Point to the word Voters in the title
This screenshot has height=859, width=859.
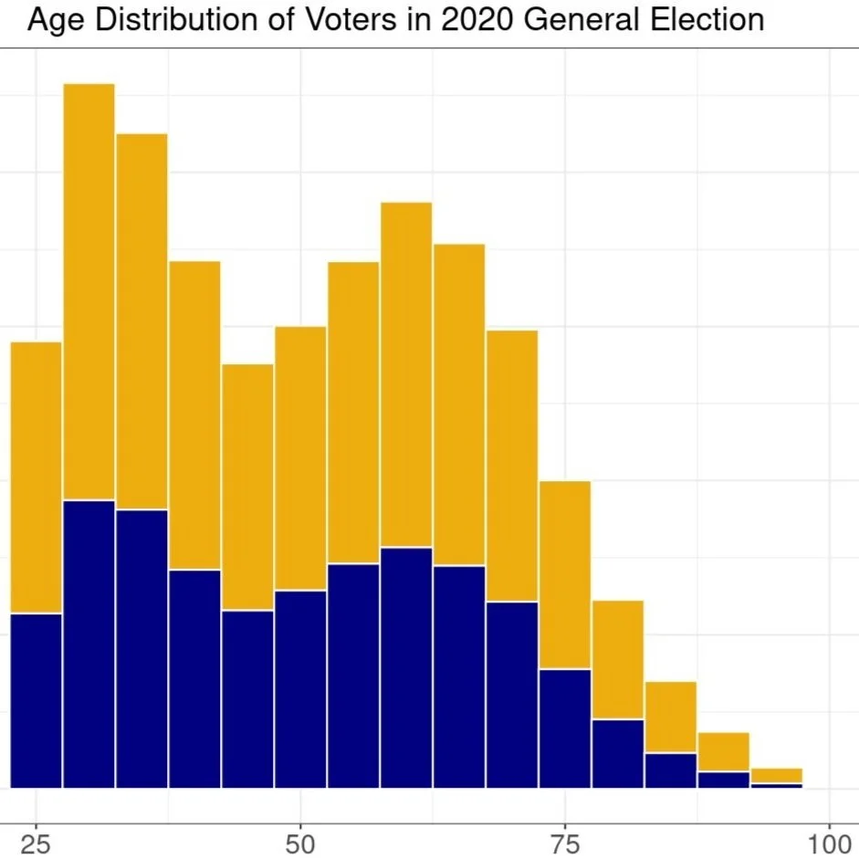click(355, 20)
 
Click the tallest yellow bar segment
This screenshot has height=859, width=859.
click(89, 292)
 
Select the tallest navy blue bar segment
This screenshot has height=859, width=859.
click(89, 644)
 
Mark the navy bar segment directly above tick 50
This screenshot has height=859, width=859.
click(300, 689)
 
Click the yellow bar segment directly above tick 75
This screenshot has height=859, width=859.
click(565, 575)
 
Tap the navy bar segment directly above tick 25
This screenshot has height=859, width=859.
click(36, 700)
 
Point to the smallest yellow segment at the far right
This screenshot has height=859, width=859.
click(777, 776)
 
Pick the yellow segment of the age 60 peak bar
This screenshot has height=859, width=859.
click(406, 374)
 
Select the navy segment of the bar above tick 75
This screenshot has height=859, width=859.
click(565, 728)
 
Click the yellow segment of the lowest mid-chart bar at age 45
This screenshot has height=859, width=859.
click(247, 487)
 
